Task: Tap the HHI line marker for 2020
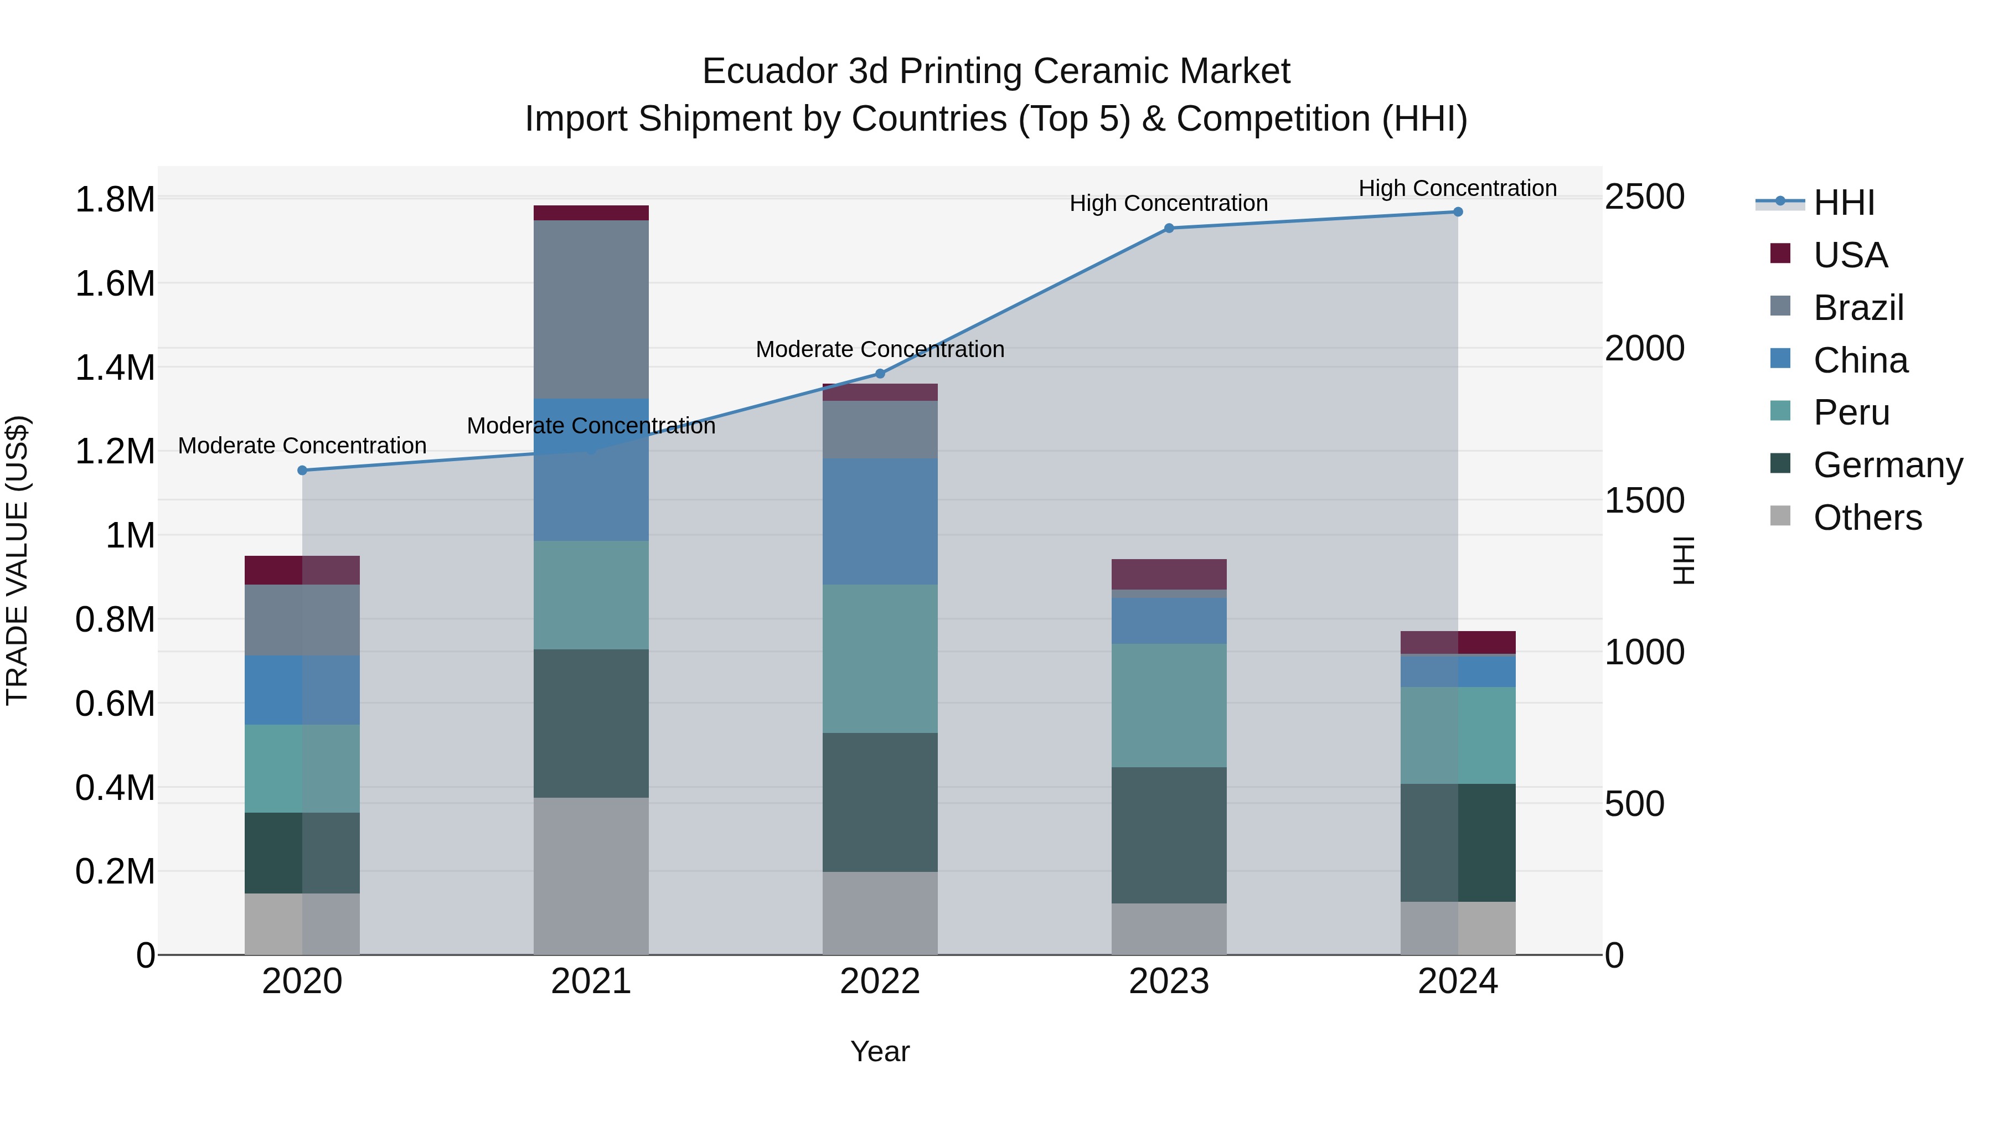(302, 471)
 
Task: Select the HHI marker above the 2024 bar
(1458, 212)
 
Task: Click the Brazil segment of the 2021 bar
(591, 309)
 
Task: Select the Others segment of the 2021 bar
(591, 876)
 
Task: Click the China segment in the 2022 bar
(880, 521)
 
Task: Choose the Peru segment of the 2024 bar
(1458, 735)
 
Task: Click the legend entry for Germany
(1888, 465)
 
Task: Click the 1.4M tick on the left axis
(115, 368)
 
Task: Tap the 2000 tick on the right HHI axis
(1644, 348)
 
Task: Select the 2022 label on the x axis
(880, 981)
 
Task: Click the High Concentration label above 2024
(1458, 188)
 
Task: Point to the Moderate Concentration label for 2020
(302, 446)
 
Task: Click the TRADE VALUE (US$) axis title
(17, 560)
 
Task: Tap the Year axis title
(880, 1051)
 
